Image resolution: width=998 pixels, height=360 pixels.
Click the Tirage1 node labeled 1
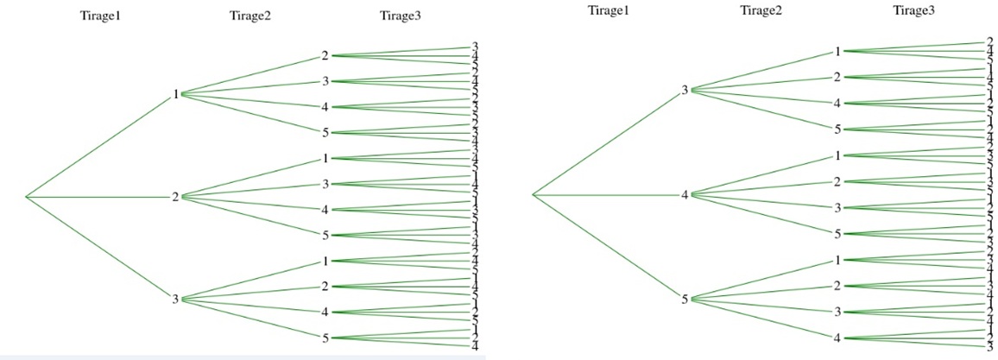click(175, 94)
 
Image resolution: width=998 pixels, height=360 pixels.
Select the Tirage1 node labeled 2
click(175, 197)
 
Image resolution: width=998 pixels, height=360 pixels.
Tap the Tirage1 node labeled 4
click(685, 195)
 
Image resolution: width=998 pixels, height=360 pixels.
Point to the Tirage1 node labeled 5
click(685, 300)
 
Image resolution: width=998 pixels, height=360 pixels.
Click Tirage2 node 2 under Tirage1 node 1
click(325, 56)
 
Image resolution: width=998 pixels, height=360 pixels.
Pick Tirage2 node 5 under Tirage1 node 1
click(325, 133)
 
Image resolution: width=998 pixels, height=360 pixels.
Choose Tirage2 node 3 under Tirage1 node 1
click(325, 82)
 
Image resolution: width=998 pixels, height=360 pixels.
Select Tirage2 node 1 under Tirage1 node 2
click(325, 158)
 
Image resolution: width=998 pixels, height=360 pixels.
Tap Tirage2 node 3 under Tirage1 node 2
click(325, 184)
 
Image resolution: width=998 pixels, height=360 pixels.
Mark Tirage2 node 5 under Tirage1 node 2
click(325, 235)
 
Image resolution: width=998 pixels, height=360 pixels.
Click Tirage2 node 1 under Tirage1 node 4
click(837, 155)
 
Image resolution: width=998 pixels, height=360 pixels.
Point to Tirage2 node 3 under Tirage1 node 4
click(837, 208)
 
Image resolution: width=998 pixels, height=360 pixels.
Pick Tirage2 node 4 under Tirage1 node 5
click(837, 338)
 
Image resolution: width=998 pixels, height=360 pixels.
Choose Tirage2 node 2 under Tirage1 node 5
click(837, 286)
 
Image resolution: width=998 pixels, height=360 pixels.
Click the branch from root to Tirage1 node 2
click(99, 198)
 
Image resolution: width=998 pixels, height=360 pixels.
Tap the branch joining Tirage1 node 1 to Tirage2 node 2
click(250, 75)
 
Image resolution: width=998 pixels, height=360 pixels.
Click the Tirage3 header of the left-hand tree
click(400, 16)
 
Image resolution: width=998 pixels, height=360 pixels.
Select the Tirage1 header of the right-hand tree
click(608, 10)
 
